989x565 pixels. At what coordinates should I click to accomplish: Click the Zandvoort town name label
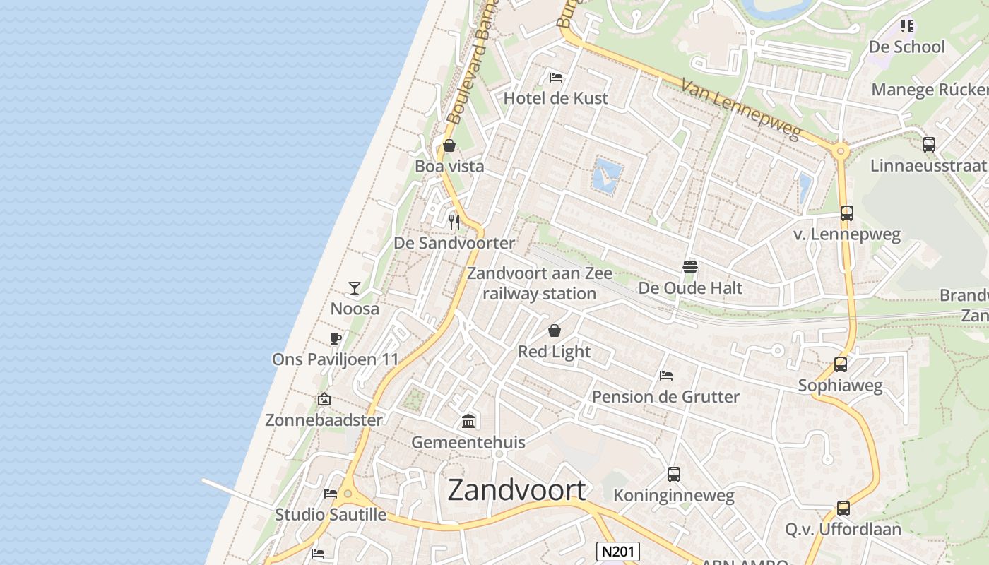tap(516, 489)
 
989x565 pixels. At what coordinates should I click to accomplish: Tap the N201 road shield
tap(617, 552)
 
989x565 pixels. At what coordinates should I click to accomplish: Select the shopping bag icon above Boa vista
tap(449, 146)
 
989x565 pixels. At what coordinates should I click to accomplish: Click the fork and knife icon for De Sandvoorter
tap(454, 222)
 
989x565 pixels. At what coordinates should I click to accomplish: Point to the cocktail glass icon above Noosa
tap(355, 287)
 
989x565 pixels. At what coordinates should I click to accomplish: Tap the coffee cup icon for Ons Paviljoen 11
tap(336, 338)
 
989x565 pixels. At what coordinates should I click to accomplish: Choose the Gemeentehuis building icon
tap(468, 422)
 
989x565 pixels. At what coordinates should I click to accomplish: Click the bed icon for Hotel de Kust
tap(556, 77)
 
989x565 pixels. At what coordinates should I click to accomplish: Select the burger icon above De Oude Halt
tap(690, 267)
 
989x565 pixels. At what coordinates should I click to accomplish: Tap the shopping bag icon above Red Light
tap(555, 331)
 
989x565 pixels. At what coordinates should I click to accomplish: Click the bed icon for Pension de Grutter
tap(665, 376)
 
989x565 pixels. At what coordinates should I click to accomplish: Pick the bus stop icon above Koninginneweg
tap(674, 475)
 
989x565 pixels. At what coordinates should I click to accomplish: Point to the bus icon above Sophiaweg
tap(841, 364)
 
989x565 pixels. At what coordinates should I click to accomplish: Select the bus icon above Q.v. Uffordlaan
tap(843, 508)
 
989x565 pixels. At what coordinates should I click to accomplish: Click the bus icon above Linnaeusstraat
tap(929, 145)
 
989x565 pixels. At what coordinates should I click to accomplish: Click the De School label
tap(906, 47)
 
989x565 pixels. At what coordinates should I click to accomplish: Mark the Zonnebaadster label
tap(324, 420)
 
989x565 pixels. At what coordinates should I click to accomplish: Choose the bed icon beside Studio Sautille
tap(330, 493)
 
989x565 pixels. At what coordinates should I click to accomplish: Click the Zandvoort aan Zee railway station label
tap(540, 283)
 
